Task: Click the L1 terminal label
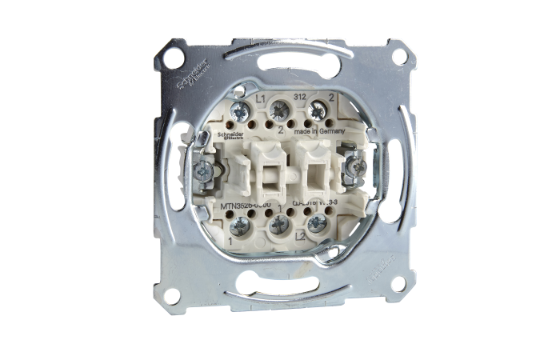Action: tap(260, 98)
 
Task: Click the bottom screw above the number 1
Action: tap(236, 226)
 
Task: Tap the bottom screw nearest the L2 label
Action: tap(317, 223)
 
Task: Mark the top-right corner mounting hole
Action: tap(397, 56)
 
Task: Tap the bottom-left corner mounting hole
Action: tap(170, 294)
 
